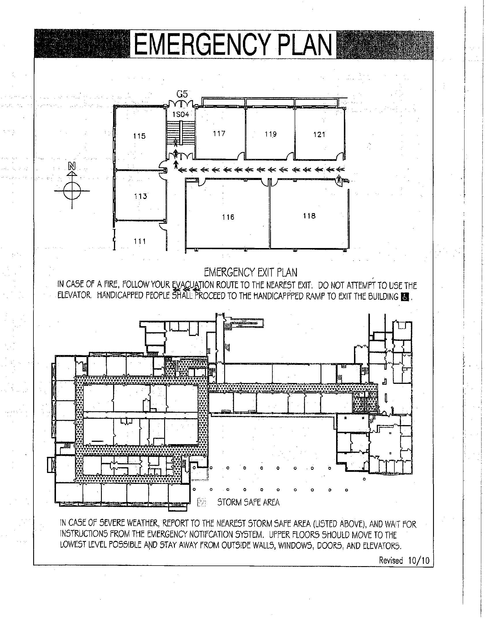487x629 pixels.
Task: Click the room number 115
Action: pos(139,136)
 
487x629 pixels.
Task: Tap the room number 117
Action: pos(219,133)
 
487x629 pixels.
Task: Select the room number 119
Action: pos(271,134)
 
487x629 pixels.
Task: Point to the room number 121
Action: pos(319,134)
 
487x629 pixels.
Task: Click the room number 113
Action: pos(141,196)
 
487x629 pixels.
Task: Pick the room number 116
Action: pos(228,217)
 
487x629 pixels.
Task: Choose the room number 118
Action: pos(309,216)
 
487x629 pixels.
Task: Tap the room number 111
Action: pos(140,241)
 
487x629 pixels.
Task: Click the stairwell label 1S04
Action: pos(181,114)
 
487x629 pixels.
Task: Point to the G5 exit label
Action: pos(182,94)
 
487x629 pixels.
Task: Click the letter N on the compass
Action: pos(72,166)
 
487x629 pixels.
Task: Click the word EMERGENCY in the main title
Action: pos(204,45)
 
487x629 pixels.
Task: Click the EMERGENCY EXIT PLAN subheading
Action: pos(250,272)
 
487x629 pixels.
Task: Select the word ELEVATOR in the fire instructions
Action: pos(74,296)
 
